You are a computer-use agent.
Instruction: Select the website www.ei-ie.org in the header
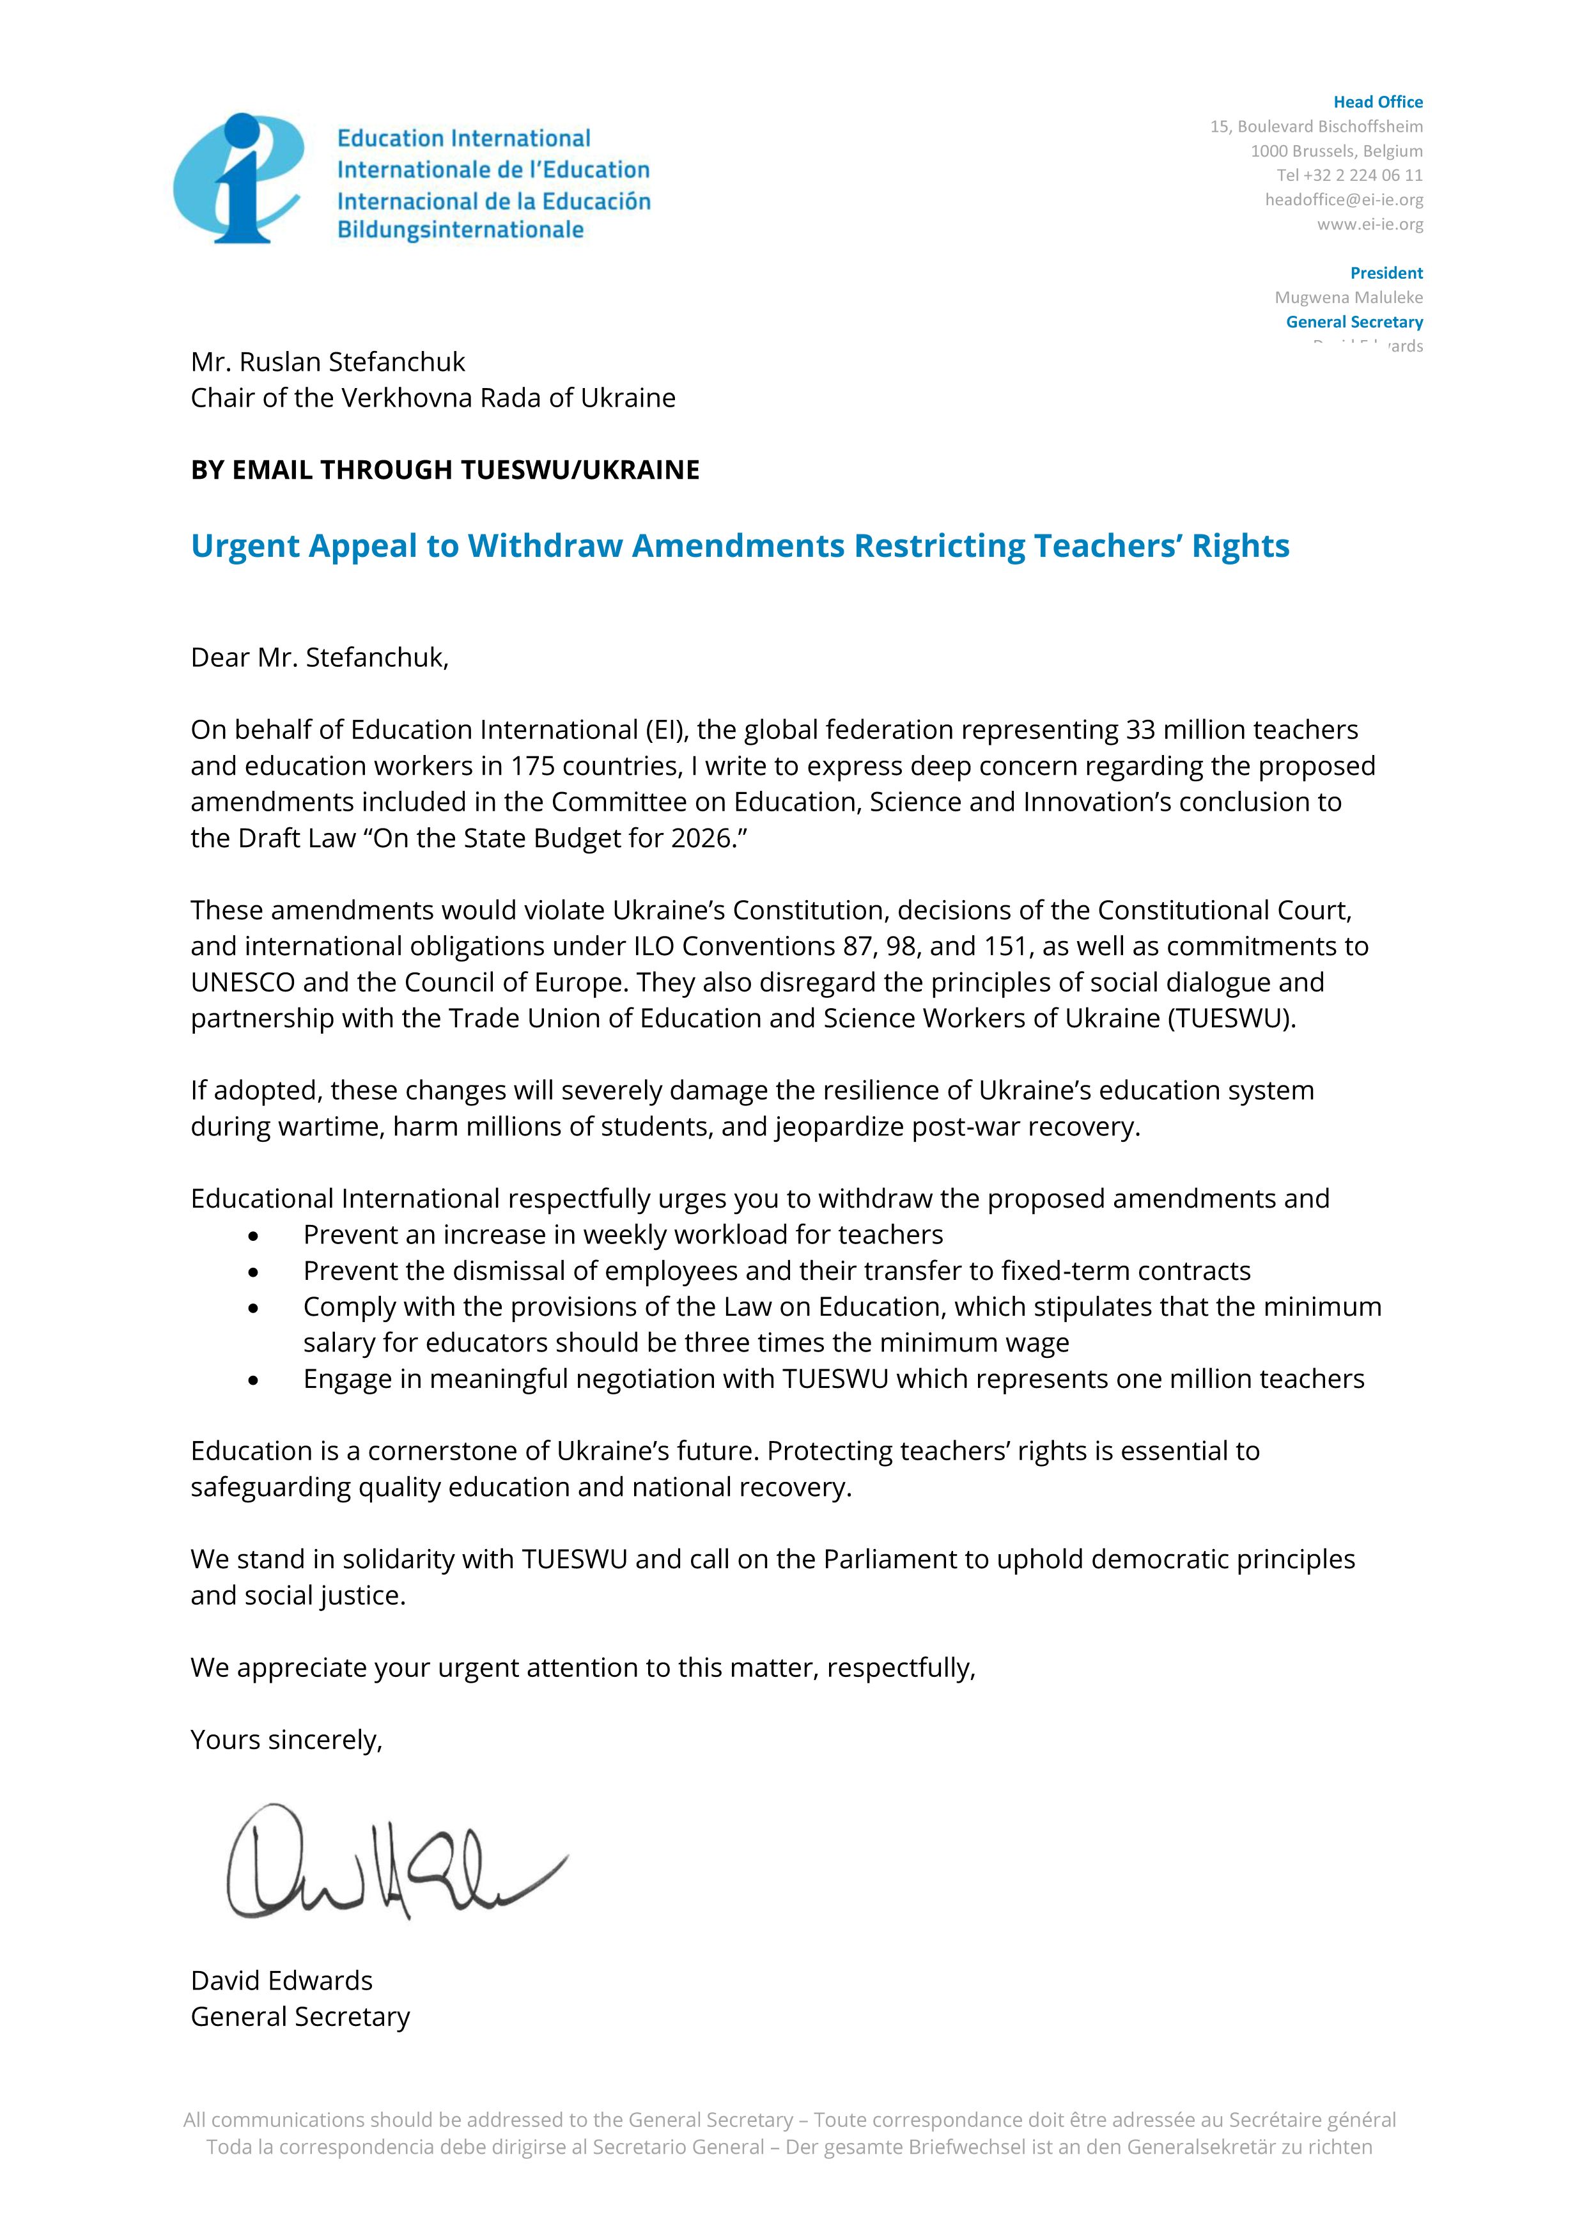1369,224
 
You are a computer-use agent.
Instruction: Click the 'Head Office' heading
1377,102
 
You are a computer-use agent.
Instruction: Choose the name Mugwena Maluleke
1348,297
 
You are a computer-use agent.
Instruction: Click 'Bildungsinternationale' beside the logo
460,230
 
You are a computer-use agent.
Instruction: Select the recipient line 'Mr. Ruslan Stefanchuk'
328,362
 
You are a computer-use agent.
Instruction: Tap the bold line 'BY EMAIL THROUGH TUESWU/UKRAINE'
444,470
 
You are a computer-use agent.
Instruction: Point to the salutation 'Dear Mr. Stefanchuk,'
319,658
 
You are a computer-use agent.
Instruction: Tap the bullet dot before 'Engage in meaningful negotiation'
253,1380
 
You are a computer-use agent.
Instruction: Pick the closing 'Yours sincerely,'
286,1740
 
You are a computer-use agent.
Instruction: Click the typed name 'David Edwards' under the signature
281,1981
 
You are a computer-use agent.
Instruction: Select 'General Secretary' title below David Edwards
300,2016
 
